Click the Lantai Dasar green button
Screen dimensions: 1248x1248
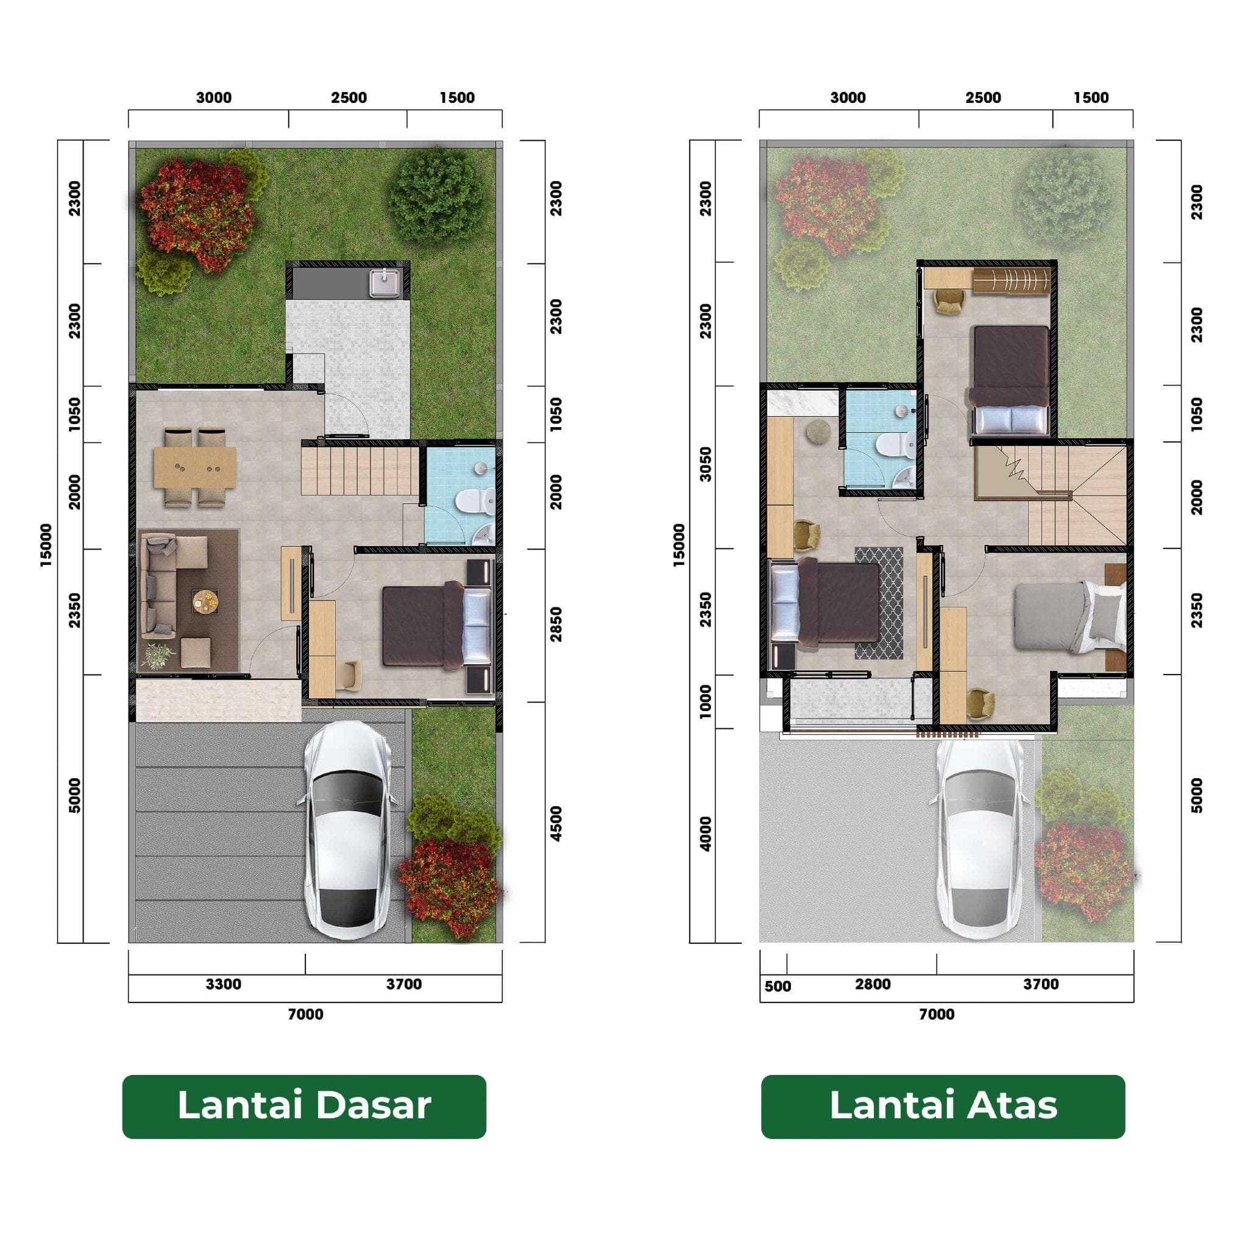coord(303,1106)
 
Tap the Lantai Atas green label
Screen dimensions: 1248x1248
coord(943,1106)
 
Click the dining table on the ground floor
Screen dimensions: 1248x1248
coord(195,467)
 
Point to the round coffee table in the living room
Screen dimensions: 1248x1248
coord(205,602)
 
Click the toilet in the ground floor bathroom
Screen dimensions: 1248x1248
coord(475,502)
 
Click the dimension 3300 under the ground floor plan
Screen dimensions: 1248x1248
coord(224,984)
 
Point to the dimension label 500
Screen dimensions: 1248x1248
coord(777,987)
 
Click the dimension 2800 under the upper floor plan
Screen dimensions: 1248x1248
coord(873,984)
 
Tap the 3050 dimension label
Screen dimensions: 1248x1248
coord(706,464)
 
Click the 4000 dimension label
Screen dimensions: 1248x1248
coord(706,834)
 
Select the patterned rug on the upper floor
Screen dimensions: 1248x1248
coord(879,603)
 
